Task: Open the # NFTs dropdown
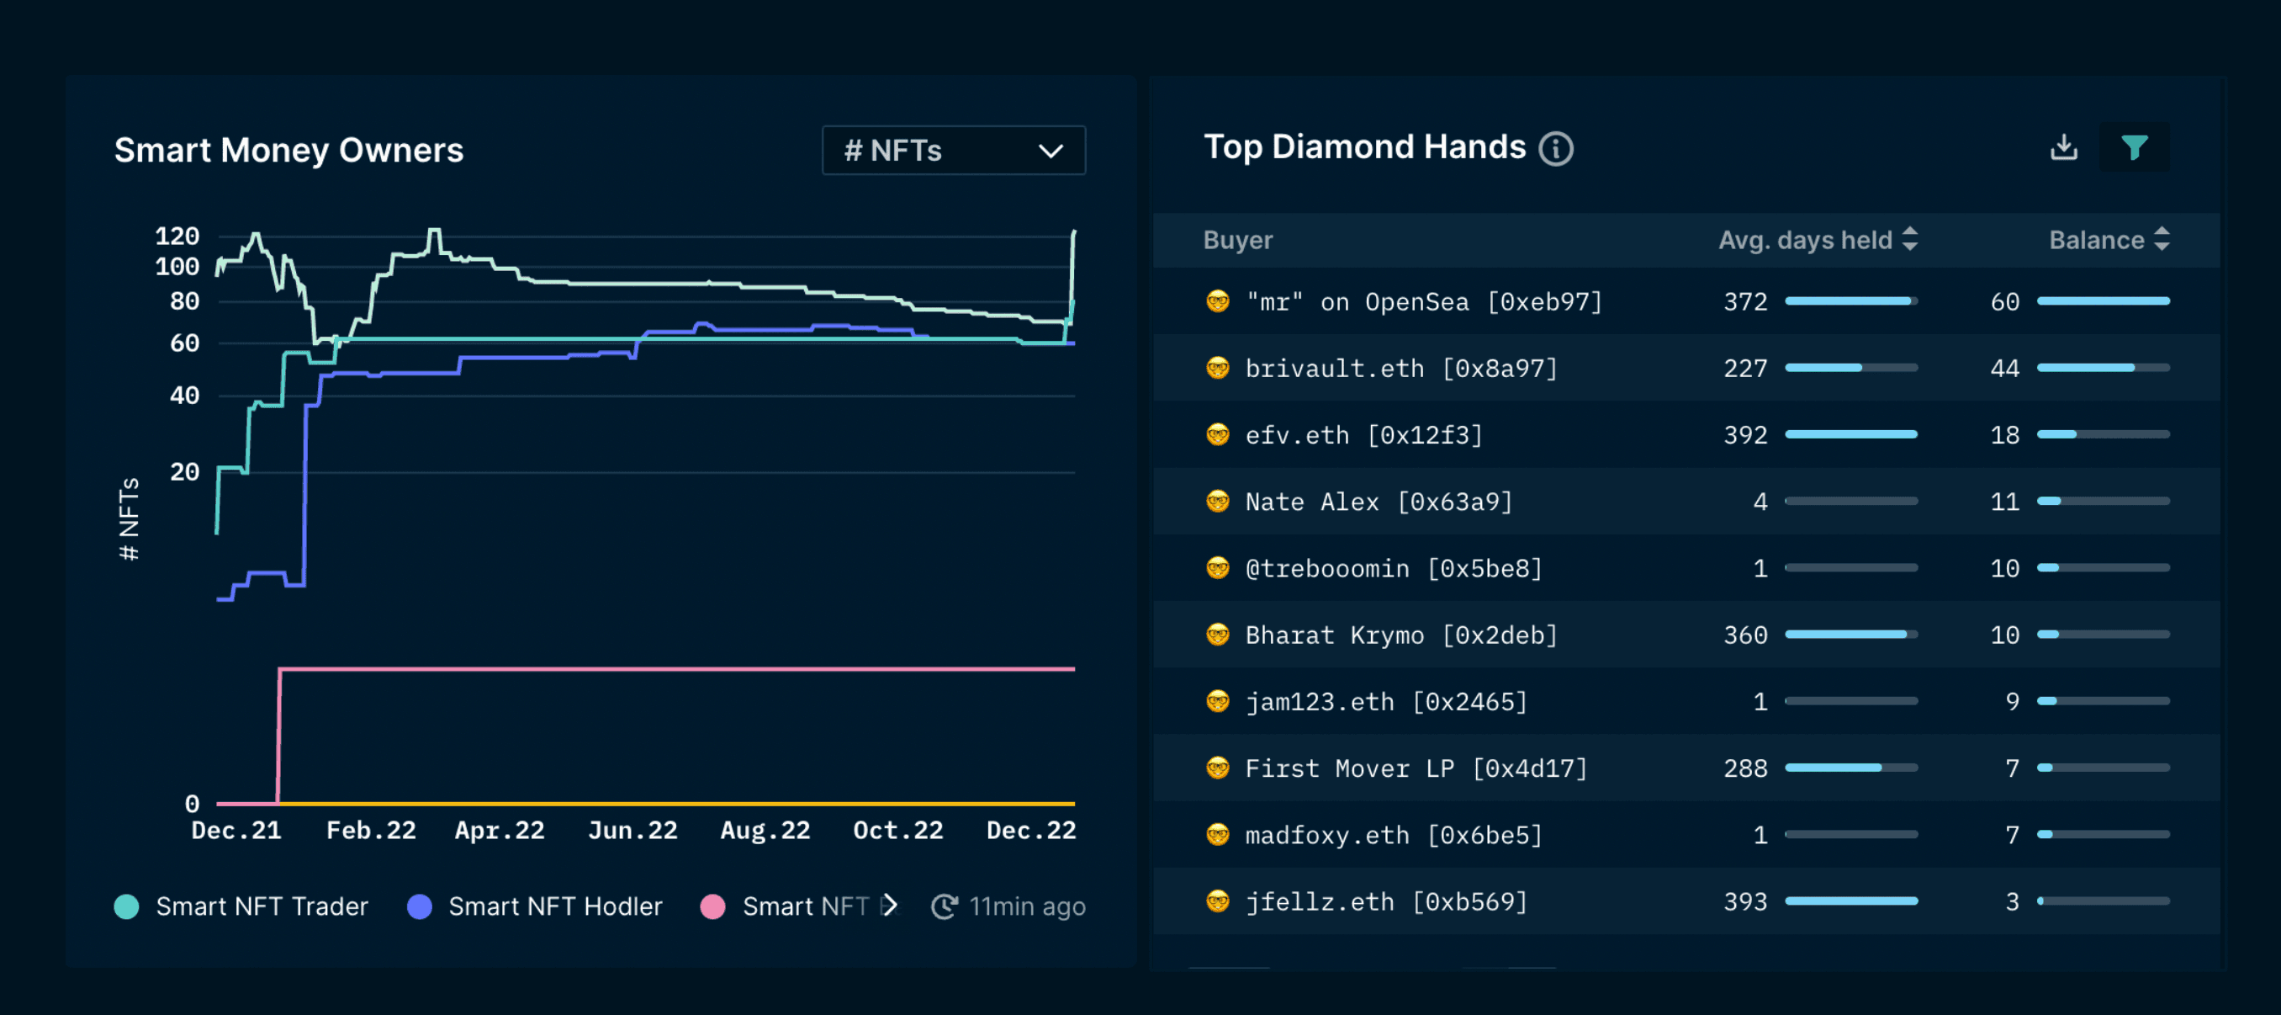(x=953, y=151)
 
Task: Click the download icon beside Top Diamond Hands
(x=2063, y=147)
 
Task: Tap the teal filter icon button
(x=2134, y=147)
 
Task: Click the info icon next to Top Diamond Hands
(x=1556, y=149)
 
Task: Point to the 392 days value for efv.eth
(x=1744, y=435)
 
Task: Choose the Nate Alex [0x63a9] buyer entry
(x=1378, y=502)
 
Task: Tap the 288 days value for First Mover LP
(x=1744, y=768)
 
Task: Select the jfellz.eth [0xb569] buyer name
(x=1386, y=901)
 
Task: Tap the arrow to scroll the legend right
(x=890, y=906)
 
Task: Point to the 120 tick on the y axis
(x=177, y=236)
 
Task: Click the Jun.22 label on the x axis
(x=632, y=830)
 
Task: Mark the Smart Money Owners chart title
(x=288, y=151)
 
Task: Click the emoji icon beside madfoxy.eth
(x=1218, y=834)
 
